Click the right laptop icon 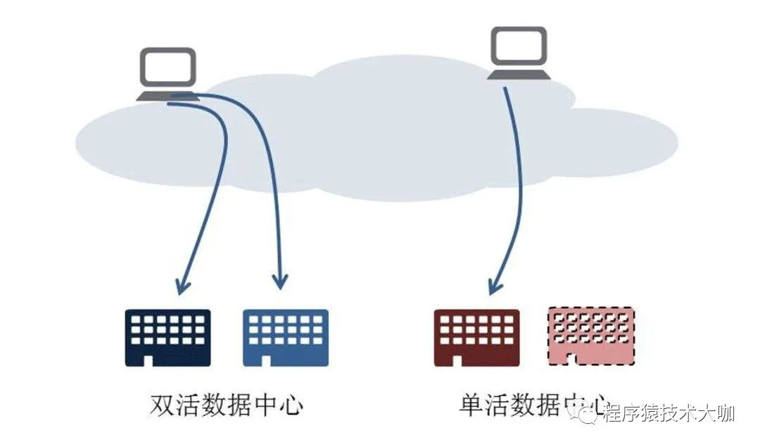click(x=519, y=52)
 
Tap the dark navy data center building click(x=167, y=337)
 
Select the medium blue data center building click(x=286, y=337)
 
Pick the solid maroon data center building click(x=476, y=337)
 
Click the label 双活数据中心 click(x=227, y=405)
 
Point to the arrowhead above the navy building click(x=182, y=286)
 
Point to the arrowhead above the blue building click(x=280, y=282)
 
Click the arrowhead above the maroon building click(x=495, y=285)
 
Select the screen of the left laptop click(x=167, y=68)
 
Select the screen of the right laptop click(x=519, y=45)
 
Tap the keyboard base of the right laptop click(x=519, y=74)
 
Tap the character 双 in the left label click(x=163, y=405)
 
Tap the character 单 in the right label click(x=471, y=405)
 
